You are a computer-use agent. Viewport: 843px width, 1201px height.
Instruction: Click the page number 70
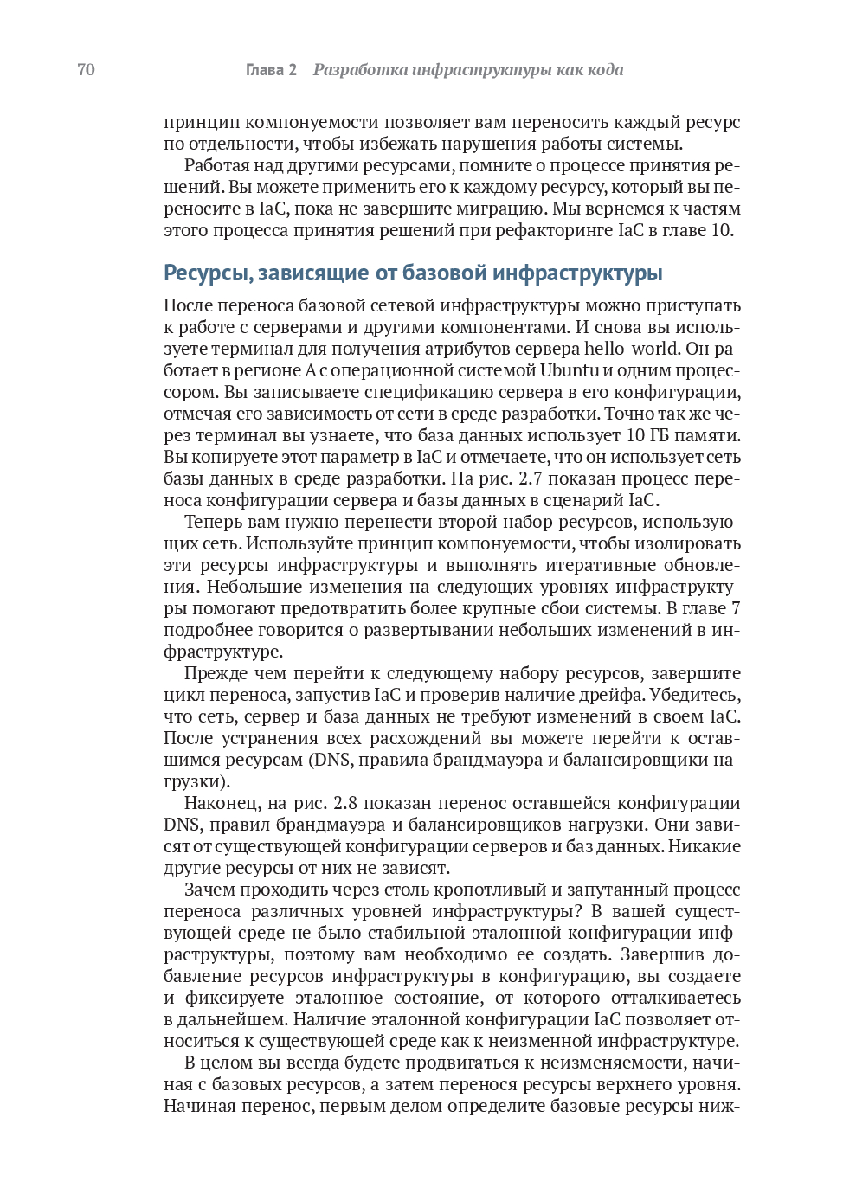[x=86, y=70]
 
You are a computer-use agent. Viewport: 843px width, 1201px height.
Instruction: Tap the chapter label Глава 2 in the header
[x=271, y=70]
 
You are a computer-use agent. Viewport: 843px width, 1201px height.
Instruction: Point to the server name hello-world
[x=634, y=349]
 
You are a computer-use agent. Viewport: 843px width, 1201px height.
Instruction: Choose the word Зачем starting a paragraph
[x=212, y=890]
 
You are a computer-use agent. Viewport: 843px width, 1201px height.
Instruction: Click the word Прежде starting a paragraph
[x=216, y=673]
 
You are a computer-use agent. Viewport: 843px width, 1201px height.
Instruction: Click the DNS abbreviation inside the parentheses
[x=325, y=760]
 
